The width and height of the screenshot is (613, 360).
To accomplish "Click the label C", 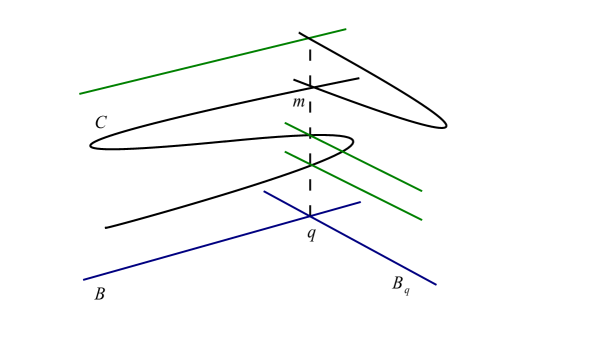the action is click(x=100, y=123).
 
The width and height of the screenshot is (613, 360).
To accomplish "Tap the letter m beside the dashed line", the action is click(x=299, y=102).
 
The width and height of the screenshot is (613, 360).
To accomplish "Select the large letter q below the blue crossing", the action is click(x=311, y=234).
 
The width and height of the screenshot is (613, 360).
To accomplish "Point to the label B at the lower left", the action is click(x=99, y=294).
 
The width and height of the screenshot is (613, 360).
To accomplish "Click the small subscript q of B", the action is click(x=407, y=291).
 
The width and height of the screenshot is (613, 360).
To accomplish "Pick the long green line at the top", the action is click(x=200, y=64).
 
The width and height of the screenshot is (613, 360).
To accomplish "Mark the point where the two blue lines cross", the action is click(x=310, y=216).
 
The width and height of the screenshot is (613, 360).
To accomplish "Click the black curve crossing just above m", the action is click(x=311, y=87).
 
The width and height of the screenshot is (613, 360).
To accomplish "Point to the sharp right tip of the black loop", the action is click(x=446, y=126).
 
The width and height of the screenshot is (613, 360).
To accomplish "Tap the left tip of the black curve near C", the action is click(x=91, y=145).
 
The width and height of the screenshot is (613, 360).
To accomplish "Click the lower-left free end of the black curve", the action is click(x=106, y=228).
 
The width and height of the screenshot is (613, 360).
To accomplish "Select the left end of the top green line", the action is click(x=80, y=94).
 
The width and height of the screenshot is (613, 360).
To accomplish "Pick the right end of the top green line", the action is click(x=346, y=29).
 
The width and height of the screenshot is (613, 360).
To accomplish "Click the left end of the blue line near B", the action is click(x=84, y=280).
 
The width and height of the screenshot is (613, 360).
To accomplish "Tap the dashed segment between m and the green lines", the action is click(x=310, y=110).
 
